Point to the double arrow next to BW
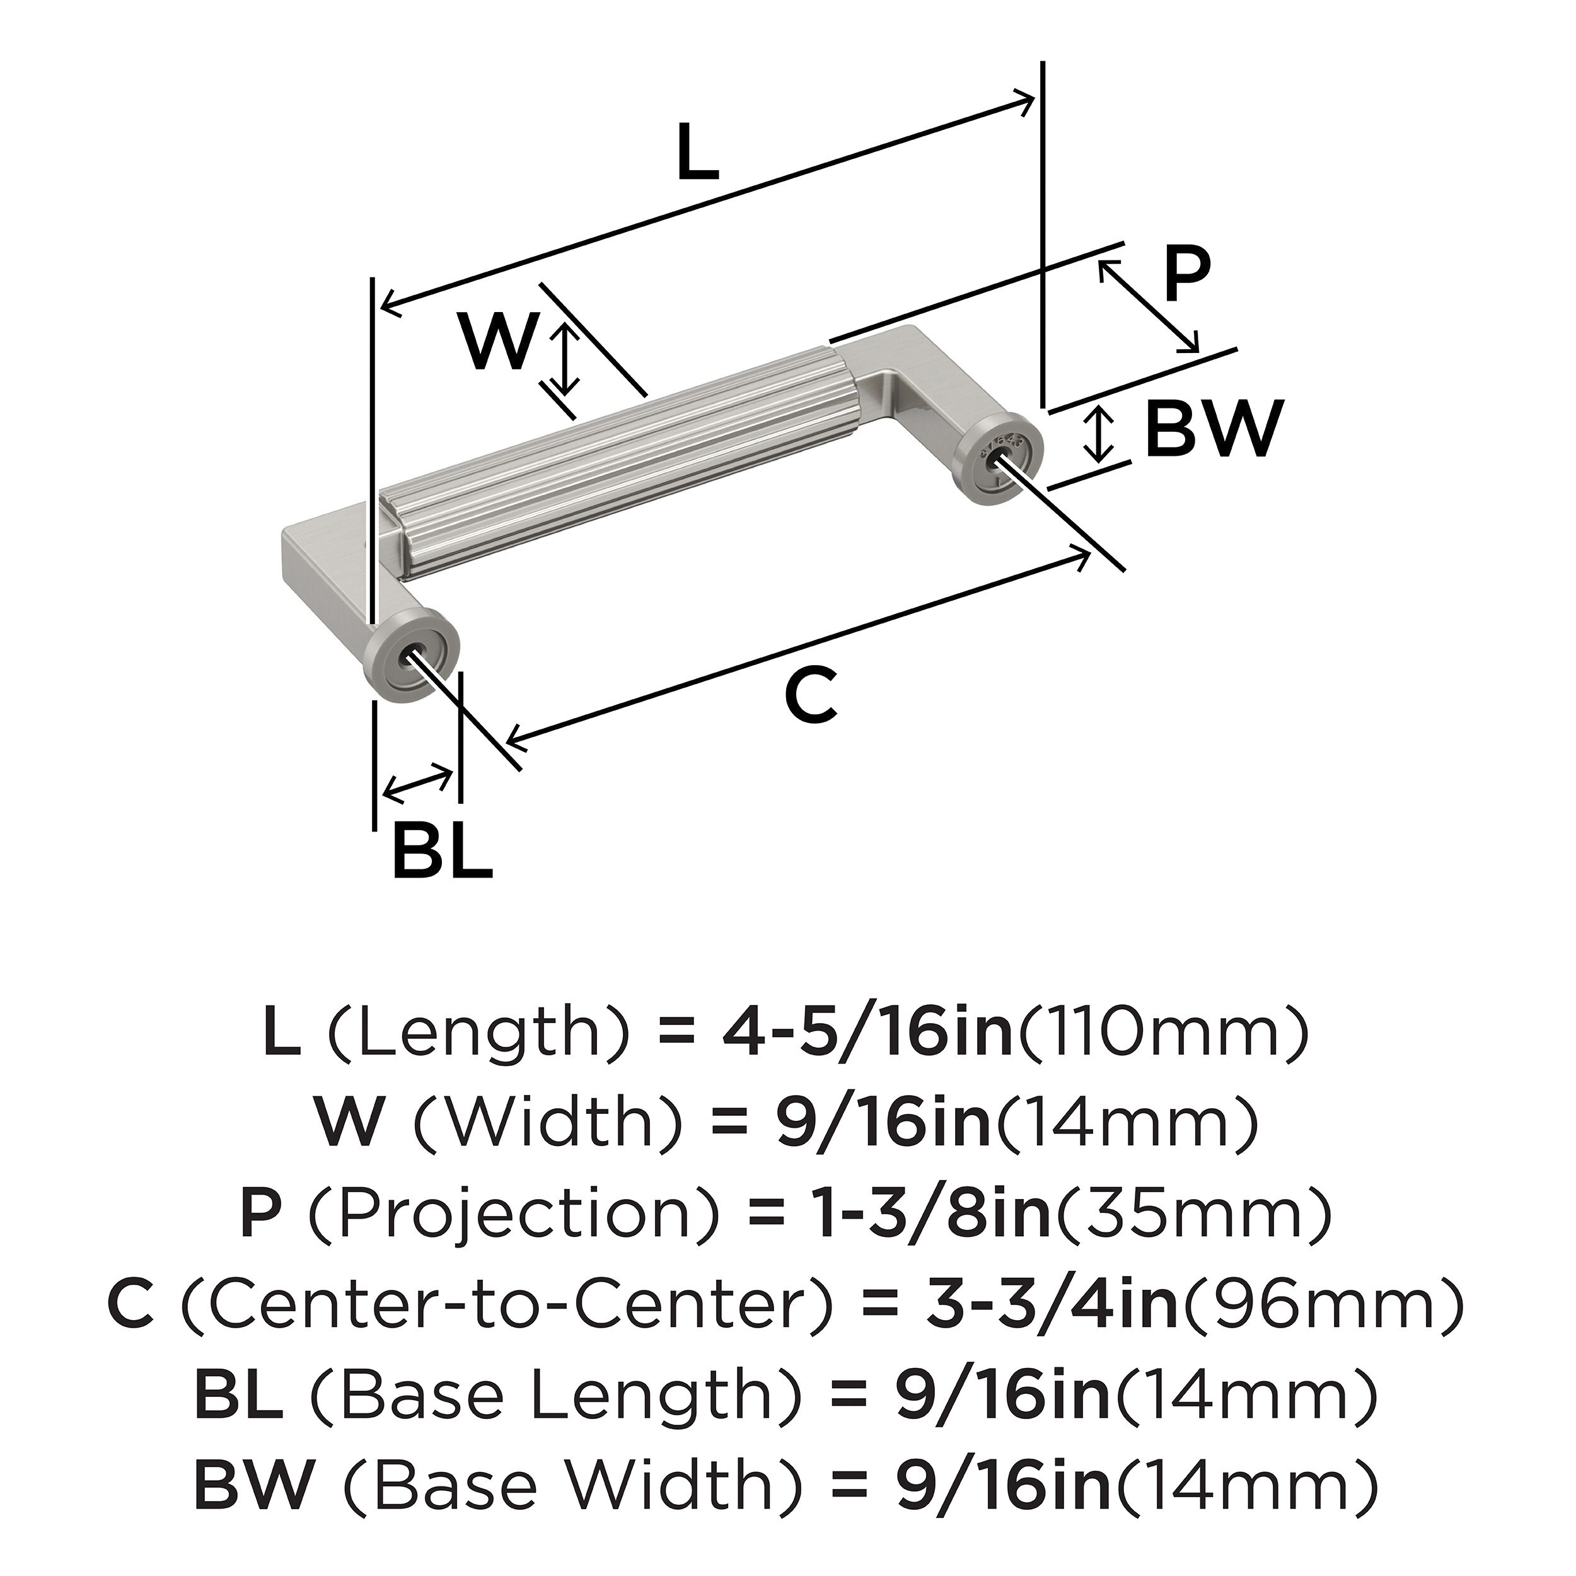click(x=1101, y=433)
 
